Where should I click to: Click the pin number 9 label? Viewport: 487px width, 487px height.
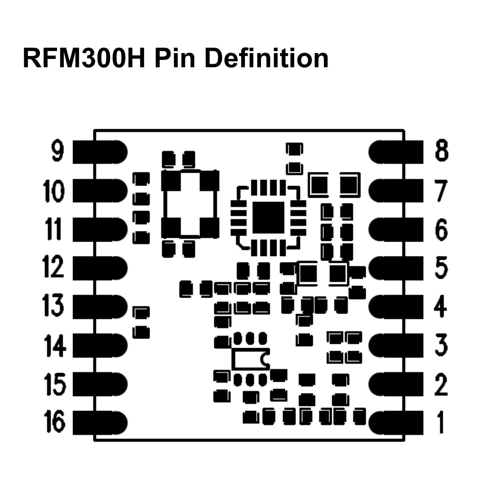(x=57, y=152)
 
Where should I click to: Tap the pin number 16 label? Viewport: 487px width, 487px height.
(x=55, y=422)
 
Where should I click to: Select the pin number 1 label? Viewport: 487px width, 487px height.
(x=440, y=422)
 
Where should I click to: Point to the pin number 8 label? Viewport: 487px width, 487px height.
(x=441, y=152)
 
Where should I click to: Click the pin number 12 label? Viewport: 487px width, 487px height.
(x=54, y=267)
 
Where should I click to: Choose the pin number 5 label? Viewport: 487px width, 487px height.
(x=441, y=267)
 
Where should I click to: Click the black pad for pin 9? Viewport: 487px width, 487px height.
(x=100, y=152)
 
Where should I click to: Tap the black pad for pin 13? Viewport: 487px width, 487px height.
(x=100, y=307)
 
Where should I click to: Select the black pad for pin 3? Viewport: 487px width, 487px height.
(x=396, y=345)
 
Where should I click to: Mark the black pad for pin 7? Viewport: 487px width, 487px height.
(x=396, y=190)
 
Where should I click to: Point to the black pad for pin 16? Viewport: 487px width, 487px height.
(x=100, y=422)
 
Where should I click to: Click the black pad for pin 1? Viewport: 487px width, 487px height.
(x=396, y=422)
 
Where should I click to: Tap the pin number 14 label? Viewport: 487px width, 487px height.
(x=55, y=345)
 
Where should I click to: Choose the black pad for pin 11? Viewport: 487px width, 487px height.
(x=100, y=229)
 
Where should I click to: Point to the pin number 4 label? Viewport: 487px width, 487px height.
(x=441, y=307)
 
